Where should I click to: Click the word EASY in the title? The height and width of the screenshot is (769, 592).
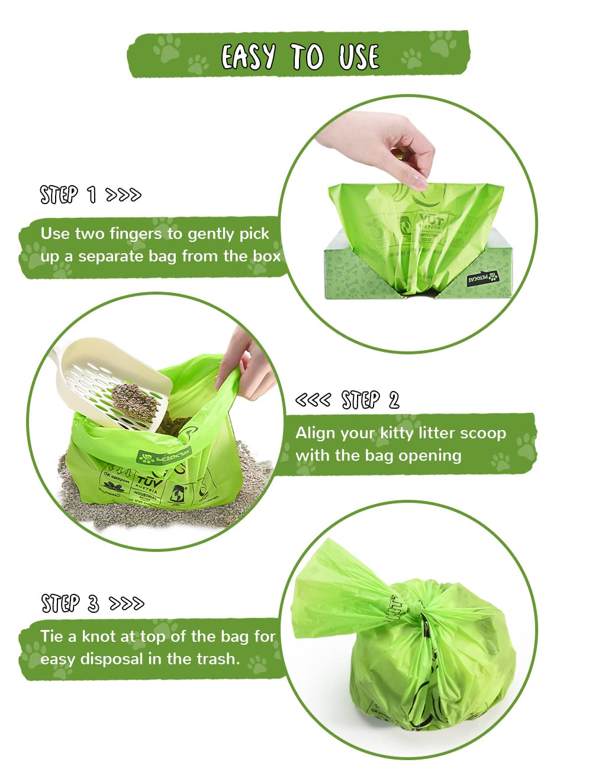tap(248, 57)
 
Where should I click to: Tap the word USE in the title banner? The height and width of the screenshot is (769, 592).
tap(358, 57)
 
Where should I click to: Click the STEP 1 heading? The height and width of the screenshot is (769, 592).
tap(68, 194)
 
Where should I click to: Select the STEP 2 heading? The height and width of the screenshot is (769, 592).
tap(370, 400)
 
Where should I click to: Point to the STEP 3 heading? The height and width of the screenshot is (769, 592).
tap(70, 603)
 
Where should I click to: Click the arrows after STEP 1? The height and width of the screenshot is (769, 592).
tap(123, 195)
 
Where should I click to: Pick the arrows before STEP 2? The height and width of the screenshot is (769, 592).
tap(313, 400)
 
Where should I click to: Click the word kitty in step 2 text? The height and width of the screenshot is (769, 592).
tap(397, 433)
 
